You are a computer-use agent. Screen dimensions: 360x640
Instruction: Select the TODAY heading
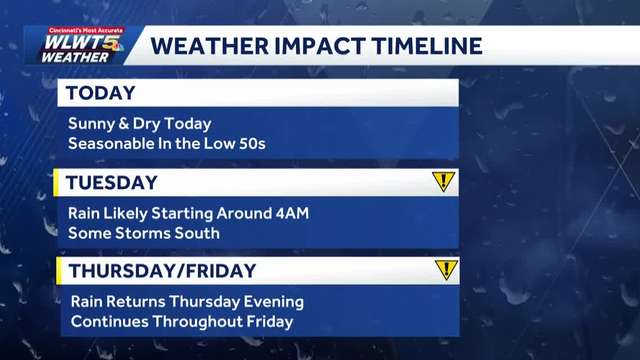point(101,93)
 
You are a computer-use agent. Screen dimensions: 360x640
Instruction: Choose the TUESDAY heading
point(112,182)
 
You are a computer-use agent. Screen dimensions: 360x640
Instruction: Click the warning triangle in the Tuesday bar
point(443,182)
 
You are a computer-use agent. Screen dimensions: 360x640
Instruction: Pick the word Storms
point(139,233)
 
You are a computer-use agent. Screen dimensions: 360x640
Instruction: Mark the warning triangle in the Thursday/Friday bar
point(446,269)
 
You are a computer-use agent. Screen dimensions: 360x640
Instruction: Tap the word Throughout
point(189,321)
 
